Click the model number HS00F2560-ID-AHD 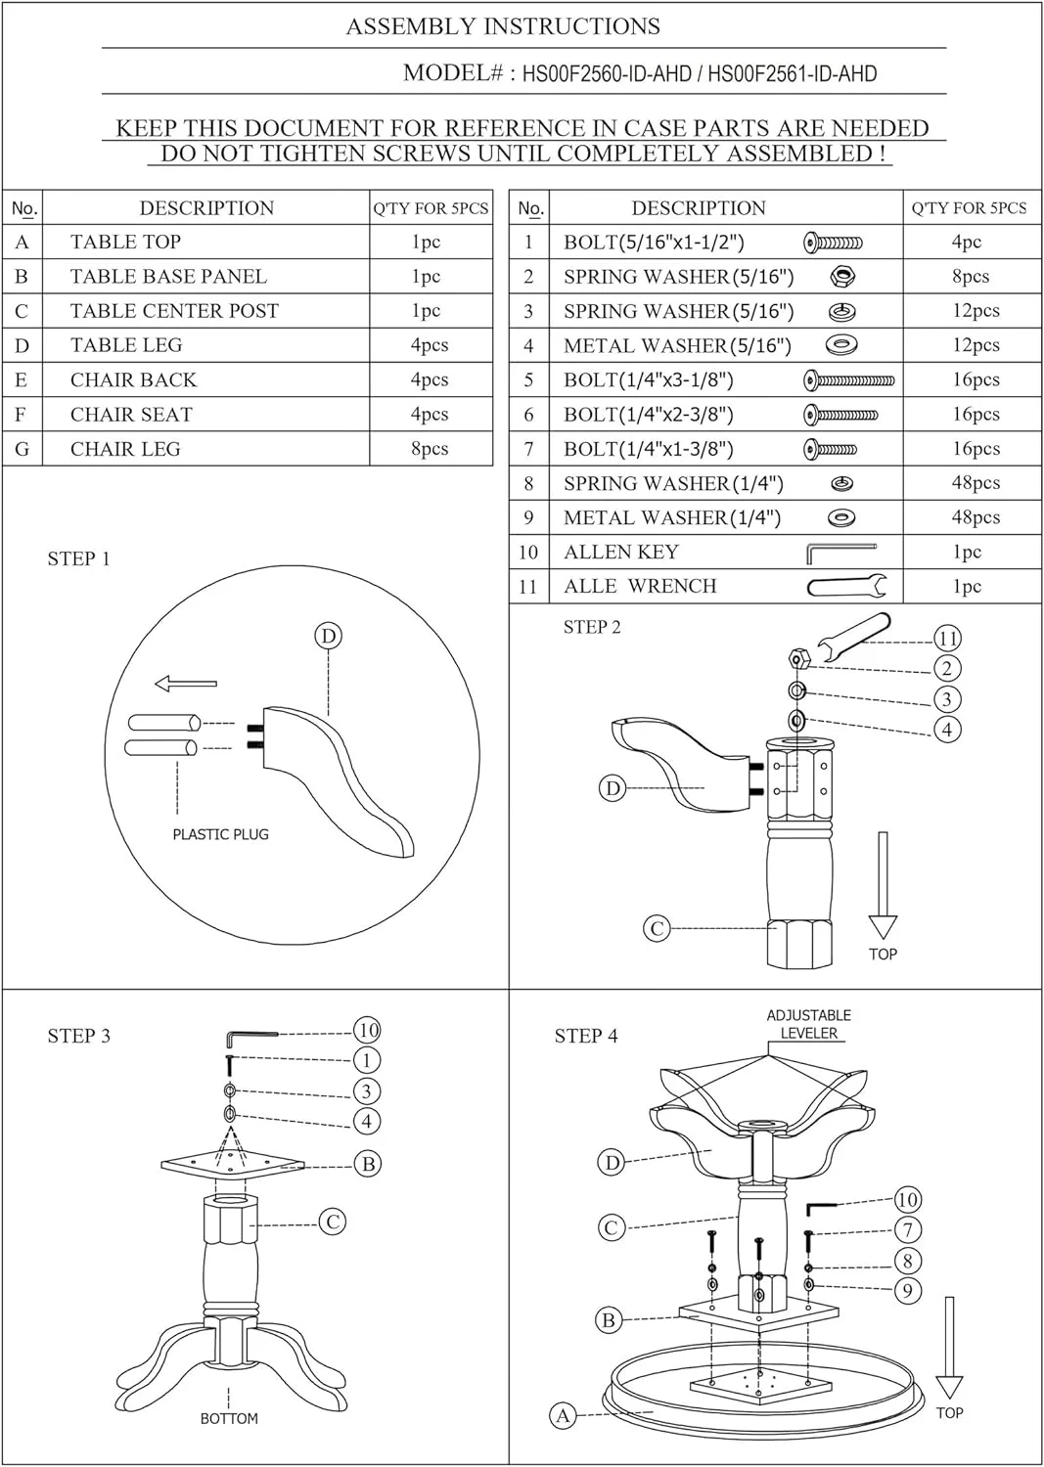[607, 73]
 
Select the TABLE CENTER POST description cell [205, 310]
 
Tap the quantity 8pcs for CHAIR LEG [430, 449]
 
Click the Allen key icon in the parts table [840, 553]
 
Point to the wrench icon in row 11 [846, 586]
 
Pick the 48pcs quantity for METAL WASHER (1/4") [976, 517]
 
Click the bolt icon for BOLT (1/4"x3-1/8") [848, 379]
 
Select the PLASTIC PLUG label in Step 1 [220, 834]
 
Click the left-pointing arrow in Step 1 [186, 684]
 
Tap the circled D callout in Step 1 [329, 636]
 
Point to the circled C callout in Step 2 [657, 928]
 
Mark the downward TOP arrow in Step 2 [883, 885]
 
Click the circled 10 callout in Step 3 [367, 1030]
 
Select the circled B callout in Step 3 [368, 1164]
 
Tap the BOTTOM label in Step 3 [229, 1418]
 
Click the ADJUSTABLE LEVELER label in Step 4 [809, 1024]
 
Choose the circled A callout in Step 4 [563, 1415]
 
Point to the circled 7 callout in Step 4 [908, 1229]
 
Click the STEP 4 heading [586, 1036]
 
